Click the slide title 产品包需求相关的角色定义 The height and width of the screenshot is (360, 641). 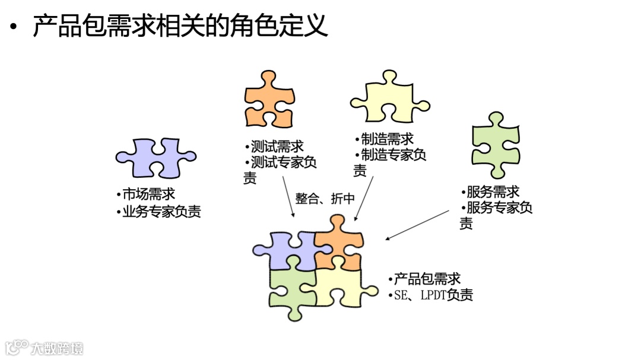point(180,27)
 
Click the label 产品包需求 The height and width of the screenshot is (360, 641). point(424,279)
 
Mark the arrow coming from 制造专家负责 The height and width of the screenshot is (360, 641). point(364,198)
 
